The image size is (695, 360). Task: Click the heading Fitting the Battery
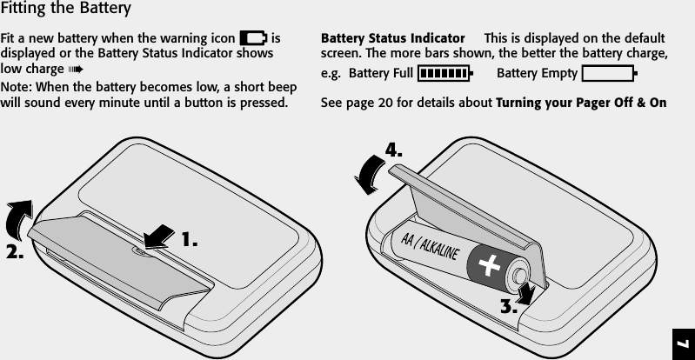coord(66,10)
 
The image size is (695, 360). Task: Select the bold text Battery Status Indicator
coord(392,40)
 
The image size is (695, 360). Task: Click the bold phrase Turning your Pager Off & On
coord(580,103)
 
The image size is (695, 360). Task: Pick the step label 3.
coord(509,306)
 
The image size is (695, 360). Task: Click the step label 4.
coord(395,150)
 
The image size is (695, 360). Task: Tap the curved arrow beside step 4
coord(369,172)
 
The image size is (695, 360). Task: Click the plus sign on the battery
coord(491,264)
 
